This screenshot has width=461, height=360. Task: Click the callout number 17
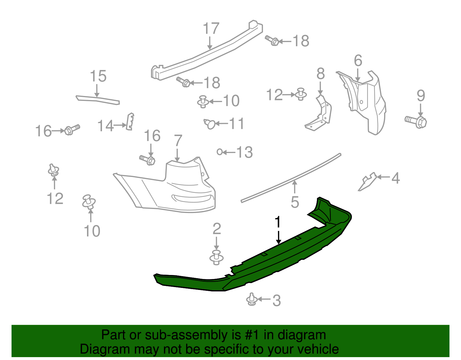(211, 29)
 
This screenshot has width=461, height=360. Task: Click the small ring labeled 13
(220, 152)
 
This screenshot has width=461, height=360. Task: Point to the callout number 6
(358, 61)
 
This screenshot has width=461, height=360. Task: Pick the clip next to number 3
(252, 300)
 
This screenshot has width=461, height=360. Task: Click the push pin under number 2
(216, 257)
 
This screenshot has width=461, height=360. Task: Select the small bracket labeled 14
(130, 122)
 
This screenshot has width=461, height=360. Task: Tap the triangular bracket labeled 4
(367, 182)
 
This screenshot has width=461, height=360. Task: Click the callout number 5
(295, 202)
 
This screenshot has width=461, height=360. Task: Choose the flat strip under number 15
(97, 99)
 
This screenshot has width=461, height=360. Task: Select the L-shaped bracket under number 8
(319, 115)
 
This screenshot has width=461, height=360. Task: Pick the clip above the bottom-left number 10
(89, 201)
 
